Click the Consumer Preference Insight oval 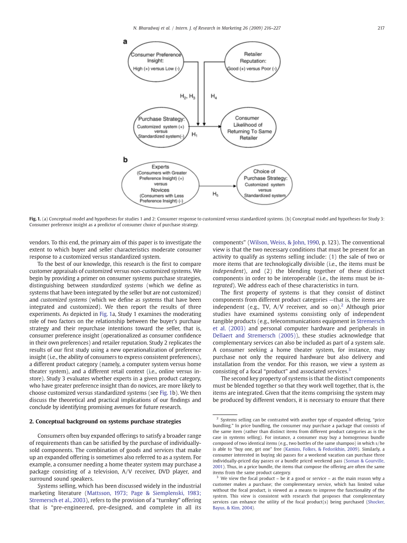pyautogui.click(x=155, y=61)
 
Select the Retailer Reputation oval pyautogui.click(x=252, y=61)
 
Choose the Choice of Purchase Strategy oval pyautogui.click(x=264, y=183)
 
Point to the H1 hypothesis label pyautogui.click(x=194, y=135)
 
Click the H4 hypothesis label pyautogui.click(x=213, y=96)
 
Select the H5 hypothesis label pyautogui.click(x=215, y=194)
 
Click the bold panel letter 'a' pyautogui.click(x=125, y=42)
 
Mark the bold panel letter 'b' pyautogui.click(x=125, y=160)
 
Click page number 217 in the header pyautogui.click(x=381, y=28)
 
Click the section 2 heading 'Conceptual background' pyautogui.click(x=105, y=421)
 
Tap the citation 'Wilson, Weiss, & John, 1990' pyautogui.click(x=284, y=242)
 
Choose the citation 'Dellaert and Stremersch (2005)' pyautogui.click(x=251, y=335)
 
